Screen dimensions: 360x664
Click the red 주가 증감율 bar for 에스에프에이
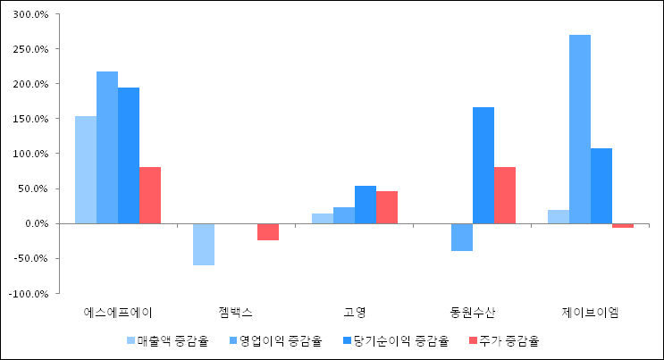pyautogui.click(x=149, y=195)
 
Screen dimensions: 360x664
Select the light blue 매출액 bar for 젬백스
pyautogui.click(x=204, y=244)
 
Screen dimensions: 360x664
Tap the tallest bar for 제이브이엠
pyautogui.click(x=580, y=129)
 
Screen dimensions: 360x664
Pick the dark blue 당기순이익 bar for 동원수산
pyautogui.click(x=483, y=165)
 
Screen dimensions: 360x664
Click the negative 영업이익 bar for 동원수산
pyautogui.click(x=462, y=237)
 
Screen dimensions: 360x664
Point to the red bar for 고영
pyautogui.click(x=387, y=207)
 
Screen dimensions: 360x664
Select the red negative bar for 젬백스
pyautogui.click(x=268, y=231)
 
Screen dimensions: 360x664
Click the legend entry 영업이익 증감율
pyautogui.click(x=281, y=340)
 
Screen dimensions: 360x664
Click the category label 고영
pyautogui.click(x=355, y=312)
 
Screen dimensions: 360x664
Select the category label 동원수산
pyautogui.click(x=473, y=312)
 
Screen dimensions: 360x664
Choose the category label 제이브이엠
pyautogui.click(x=591, y=312)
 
